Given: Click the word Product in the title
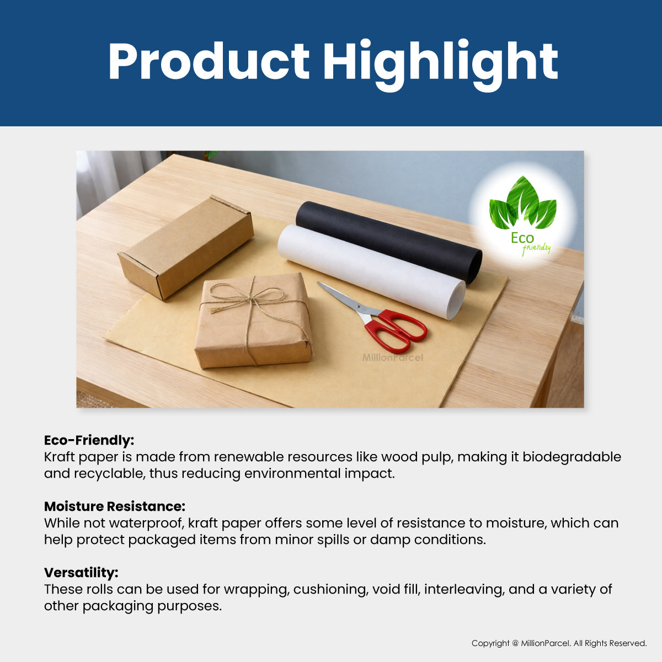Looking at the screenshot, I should [209, 62].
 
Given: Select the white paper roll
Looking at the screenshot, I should [370, 270].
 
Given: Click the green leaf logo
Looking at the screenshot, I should [522, 203].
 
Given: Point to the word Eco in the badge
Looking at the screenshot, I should [522, 238].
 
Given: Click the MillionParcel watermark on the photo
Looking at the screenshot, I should [393, 358].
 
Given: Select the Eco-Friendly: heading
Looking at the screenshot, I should [89, 440].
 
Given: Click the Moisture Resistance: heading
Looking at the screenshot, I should [115, 506].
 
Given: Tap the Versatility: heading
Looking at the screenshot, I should [81, 573].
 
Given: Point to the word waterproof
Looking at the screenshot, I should [146, 524].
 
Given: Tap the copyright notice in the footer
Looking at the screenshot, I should [559, 643].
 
